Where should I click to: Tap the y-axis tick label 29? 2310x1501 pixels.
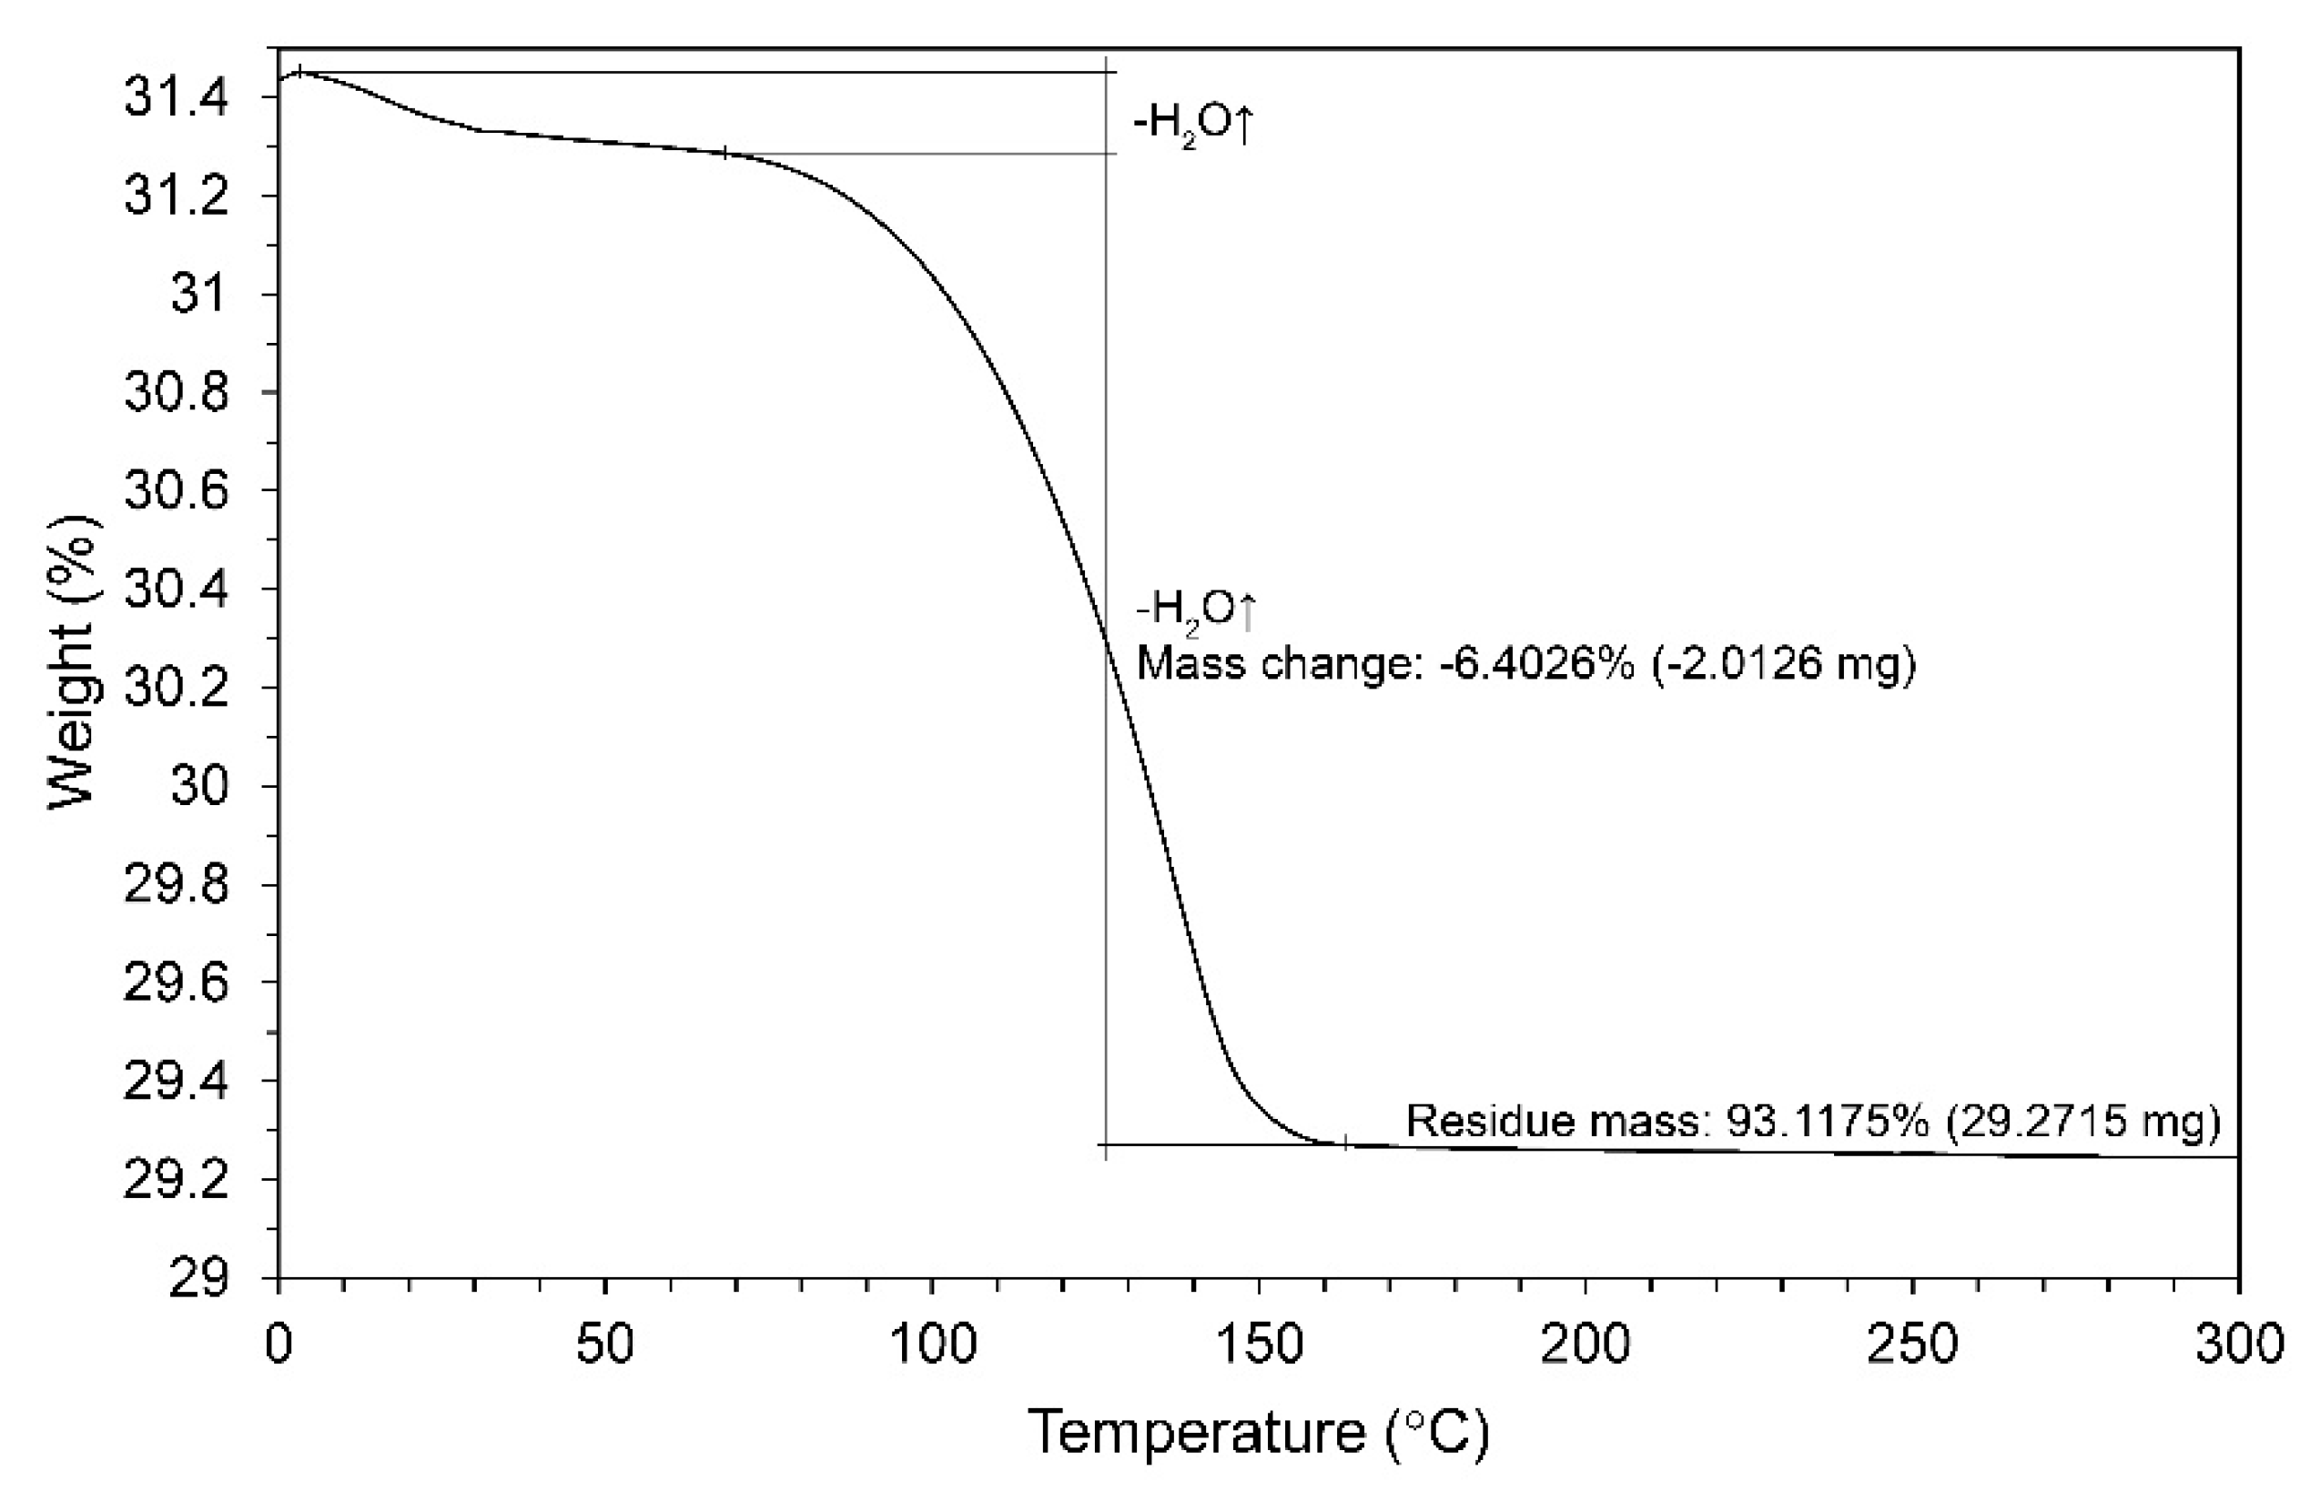[x=199, y=1279]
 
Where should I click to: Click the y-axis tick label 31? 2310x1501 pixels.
[x=199, y=293]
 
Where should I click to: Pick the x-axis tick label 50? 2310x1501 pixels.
[x=604, y=1345]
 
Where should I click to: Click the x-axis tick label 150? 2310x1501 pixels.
[x=1259, y=1345]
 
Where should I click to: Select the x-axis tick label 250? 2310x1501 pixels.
[x=1912, y=1345]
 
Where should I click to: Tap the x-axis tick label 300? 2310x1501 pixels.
[x=2238, y=1345]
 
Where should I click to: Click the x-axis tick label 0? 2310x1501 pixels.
[x=279, y=1345]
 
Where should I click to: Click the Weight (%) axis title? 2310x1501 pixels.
[x=74, y=661]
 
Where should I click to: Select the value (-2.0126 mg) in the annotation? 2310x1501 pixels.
[x=1784, y=665]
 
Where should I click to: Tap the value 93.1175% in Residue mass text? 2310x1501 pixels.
[x=1826, y=1121]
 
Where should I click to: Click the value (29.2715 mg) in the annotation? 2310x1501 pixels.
[x=2082, y=1121]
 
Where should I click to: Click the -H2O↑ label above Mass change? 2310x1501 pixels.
[x=1196, y=609]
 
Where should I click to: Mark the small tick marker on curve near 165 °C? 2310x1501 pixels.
[x=1346, y=1143]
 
